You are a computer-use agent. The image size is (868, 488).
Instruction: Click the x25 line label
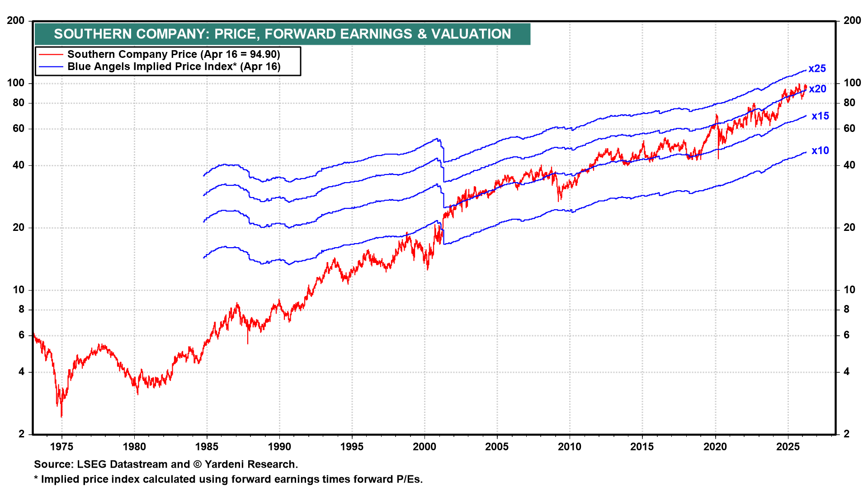(x=817, y=69)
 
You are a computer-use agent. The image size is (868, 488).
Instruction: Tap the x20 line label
(x=817, y=89)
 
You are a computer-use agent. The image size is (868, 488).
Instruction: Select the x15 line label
(x=820, y=116)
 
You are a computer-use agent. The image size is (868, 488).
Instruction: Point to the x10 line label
(x=820, y=151)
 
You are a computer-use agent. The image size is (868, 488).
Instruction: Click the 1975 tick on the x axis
(x=61, y=447)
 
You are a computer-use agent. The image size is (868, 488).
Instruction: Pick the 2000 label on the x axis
(x=425, y=447)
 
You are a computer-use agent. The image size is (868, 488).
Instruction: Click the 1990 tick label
(x=279, y=447)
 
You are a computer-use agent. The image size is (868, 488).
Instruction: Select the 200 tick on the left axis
(x=16, y=21)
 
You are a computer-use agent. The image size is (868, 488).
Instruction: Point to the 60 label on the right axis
(x=849, y=129)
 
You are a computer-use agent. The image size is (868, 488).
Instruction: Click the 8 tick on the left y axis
(x=21, y=310)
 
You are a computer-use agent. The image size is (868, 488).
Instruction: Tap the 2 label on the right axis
(x=846, y=434)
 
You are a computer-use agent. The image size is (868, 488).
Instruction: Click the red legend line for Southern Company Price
(x=51, y=55)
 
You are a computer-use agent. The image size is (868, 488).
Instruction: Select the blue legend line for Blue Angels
(x=51, y=67)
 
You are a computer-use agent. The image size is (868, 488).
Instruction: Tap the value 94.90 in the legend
(x=263, y=55)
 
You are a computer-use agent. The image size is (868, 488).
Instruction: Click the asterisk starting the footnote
(x=36, y=479)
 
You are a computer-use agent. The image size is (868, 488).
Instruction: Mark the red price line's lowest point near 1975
(x=61, y=416)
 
